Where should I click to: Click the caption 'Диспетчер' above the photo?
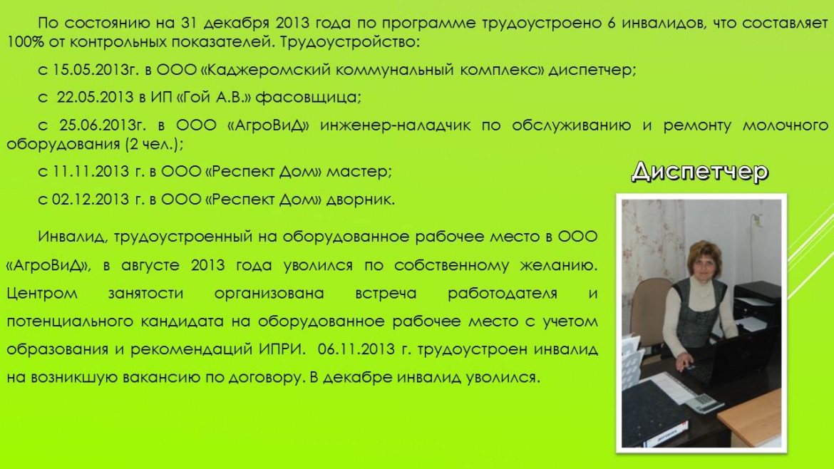[x=700, y=172]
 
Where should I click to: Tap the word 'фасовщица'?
[x=309, y=98]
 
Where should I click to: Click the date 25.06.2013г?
[x=102, y=125]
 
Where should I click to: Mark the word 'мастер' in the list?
[x=359, y=172]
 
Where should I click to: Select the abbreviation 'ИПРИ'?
[x=282, y=349]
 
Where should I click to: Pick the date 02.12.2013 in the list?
[x=91, y=200]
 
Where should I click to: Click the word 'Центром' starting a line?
[x=42, y=294]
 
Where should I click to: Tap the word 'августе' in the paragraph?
[x=150, y=265]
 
